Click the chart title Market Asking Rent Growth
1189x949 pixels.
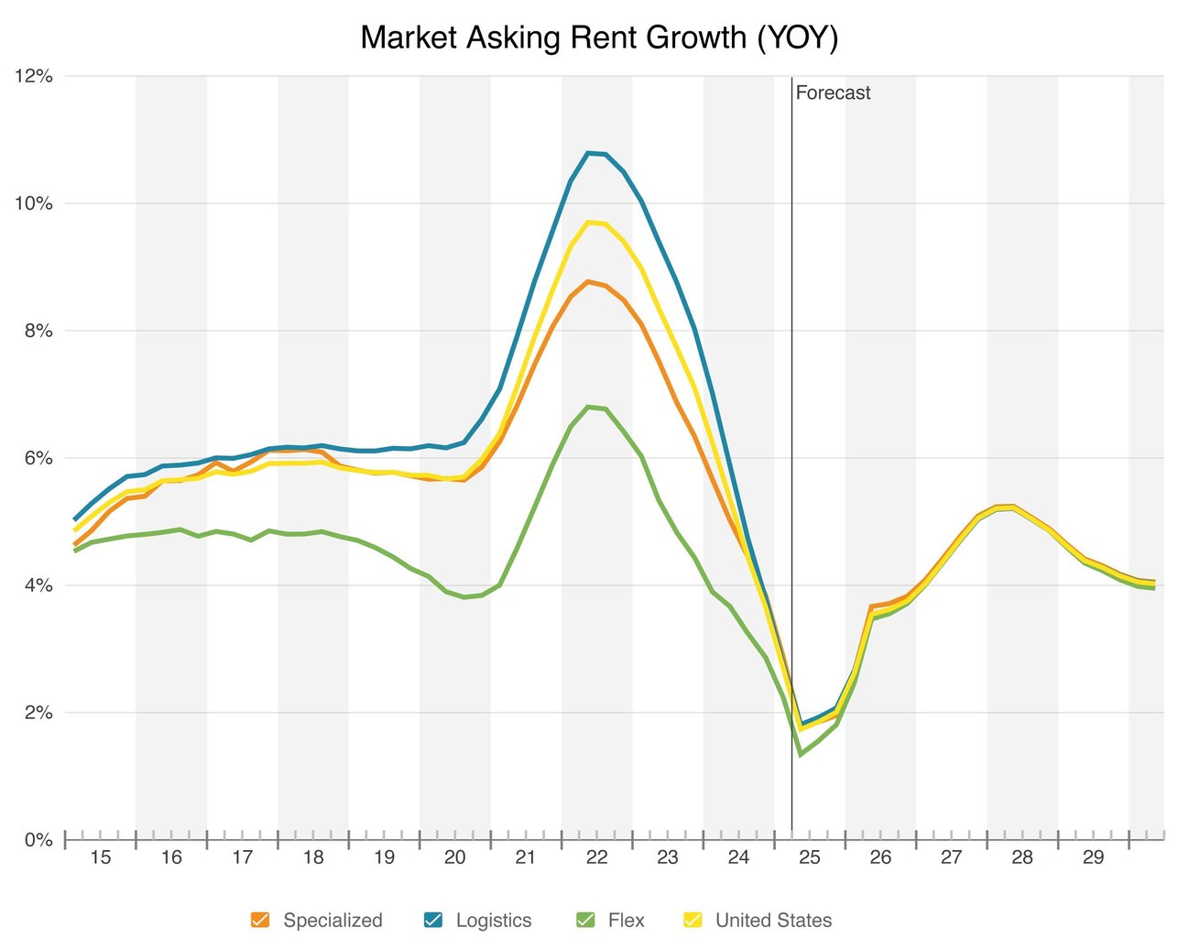pyautogui.click(x=599, y=38)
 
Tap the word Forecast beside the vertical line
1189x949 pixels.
pyautogui.click(x=833, y=93)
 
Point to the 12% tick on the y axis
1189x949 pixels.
pyautogui.click(x=34, y=77)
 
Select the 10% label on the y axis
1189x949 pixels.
pyautogui.click(x=34, y=203)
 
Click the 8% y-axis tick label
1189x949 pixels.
pyautogui.click(x=38, y=331)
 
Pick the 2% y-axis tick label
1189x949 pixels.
pyautogui.click(x=38, y=713)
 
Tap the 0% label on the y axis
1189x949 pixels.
pyautogui.click(x=38, y=840)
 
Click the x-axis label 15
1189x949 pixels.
pyautogui.click(x=100, y=857)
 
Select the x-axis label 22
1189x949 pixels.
pyautogui.click(x=596, y=857)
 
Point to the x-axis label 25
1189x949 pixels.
pyautogui.click(x=809, y=857)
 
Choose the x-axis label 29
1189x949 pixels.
pyautogui.click(x=1093, y=857)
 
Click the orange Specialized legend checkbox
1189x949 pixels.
pyautogui.click(x=260, y=921)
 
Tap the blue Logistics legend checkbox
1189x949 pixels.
pyautogui.click(x=433, y=921)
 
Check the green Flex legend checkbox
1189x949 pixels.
pyautogui.click(x=585, y=921)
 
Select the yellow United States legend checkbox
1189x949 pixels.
pyautogui.click(x=693, y=921)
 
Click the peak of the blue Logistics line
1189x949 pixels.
pyautogui.click(x=589, y=152)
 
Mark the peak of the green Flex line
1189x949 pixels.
pyautogui.click(x=589, y=406)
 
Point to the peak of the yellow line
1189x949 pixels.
pyautogui.click(x=589, y=222)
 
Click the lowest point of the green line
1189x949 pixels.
pyautogui.click(x=801, y=755)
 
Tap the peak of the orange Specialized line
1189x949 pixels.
pyautogui.click(x=589, y=281)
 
